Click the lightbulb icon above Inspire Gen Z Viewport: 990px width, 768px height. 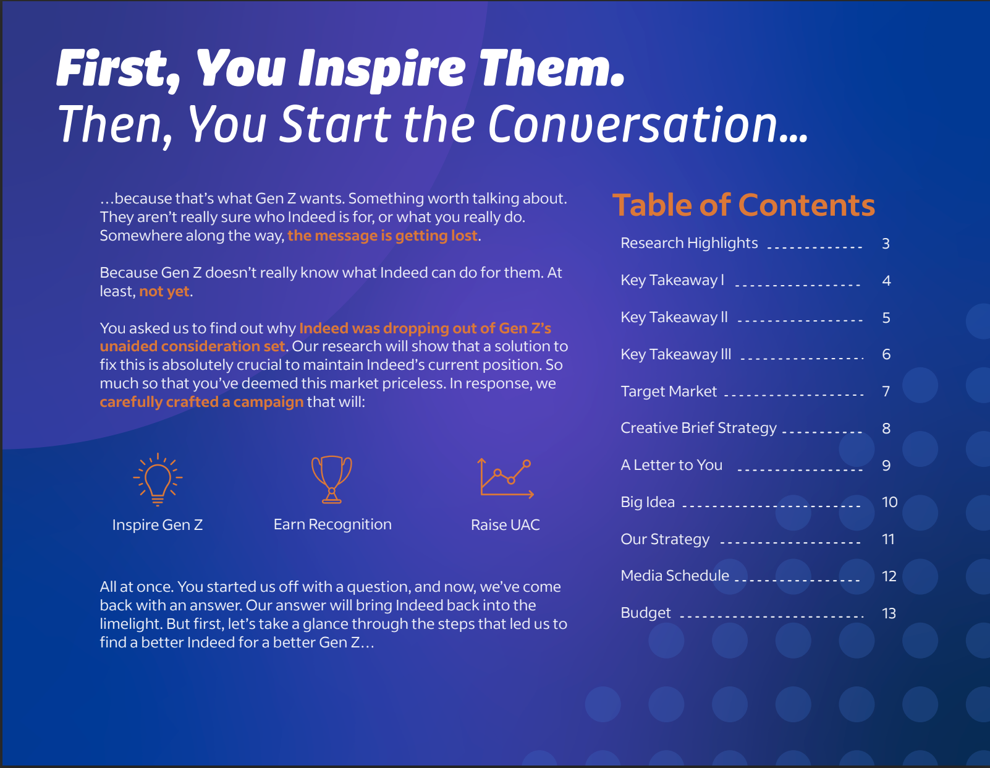[158, 479]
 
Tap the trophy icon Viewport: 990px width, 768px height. [332, 479]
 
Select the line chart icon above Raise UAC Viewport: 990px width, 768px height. [506, 478]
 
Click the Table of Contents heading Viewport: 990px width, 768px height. [743, 205]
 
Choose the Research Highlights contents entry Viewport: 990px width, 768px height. [689, 243]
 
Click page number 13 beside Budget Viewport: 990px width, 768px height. [889, 613]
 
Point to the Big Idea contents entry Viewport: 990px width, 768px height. [648, 502]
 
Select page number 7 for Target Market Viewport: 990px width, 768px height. [886, 391]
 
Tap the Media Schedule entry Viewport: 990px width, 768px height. [675, 576]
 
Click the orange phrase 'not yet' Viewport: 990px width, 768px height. [164, 291]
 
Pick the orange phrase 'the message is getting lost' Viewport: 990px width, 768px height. [383, 236]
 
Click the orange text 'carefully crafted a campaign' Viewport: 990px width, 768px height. [201, 402]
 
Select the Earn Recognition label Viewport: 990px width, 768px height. [332, 524]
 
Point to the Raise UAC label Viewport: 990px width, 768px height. [506, 524]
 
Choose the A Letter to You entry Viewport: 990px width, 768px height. [672, 465]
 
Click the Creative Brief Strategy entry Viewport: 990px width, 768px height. [698, 428]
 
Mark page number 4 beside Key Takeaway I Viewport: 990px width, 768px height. [886, 280]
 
